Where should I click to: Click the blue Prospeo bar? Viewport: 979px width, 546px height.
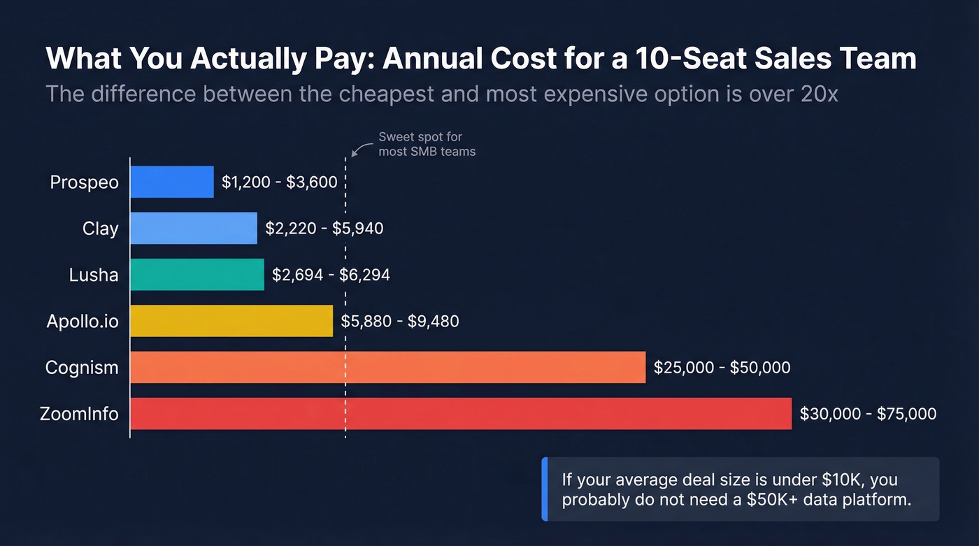click(172, 182)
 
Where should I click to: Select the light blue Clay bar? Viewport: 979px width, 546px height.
click(194, 228)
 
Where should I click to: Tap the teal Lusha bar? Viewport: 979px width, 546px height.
click(197, 274)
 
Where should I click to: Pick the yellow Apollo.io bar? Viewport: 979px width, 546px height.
click(231, 321)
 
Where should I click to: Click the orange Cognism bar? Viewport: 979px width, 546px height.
click(387, 367)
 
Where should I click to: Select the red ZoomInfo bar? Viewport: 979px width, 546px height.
click(461, 413)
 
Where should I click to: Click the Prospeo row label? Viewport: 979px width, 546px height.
click(84, 182)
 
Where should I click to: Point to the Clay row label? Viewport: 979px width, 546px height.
click(100, 229)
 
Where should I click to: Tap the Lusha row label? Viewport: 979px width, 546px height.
click(94, 275)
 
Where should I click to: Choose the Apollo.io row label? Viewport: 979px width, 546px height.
click(83, 321)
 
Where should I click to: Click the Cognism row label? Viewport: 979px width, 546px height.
click(82, 368)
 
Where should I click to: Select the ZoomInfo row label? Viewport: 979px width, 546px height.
click(79, 414)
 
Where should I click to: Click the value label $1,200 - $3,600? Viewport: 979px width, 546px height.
click(280, 182)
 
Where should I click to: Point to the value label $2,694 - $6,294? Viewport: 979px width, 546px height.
click(331, 275)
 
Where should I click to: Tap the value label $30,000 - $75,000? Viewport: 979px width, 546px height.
click(868, 414)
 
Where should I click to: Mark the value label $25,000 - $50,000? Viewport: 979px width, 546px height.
click(722, 368)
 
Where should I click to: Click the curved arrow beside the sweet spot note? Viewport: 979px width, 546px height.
click(360, 149)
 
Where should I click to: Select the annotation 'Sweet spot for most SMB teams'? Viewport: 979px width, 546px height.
click(427, 144)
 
